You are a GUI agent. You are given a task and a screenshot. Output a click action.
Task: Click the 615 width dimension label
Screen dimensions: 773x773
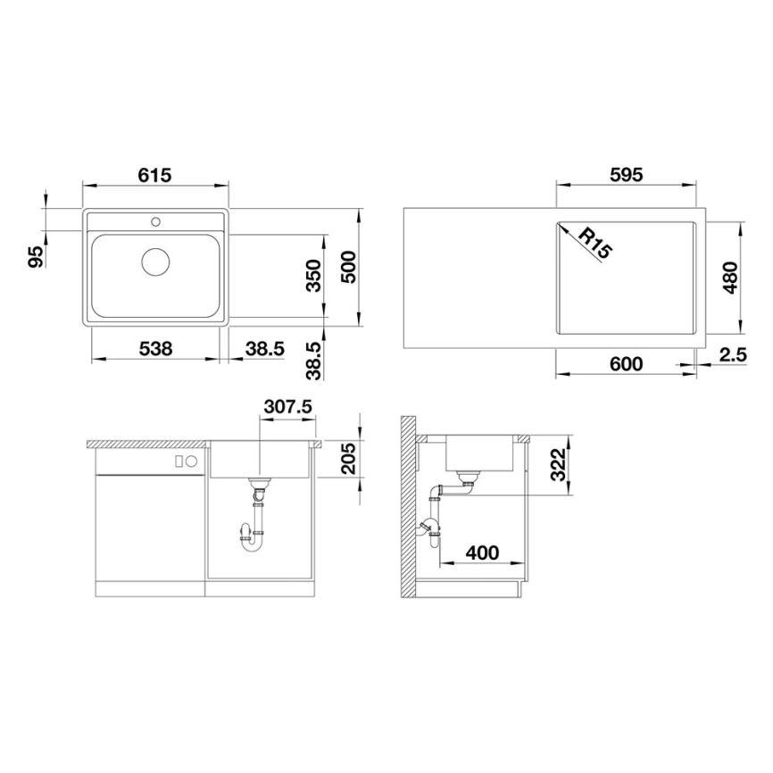click(154, 175)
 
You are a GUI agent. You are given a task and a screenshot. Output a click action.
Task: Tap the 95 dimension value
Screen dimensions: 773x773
click(36, 257)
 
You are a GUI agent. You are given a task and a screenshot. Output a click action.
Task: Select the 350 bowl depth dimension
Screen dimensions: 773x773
click(313, 276)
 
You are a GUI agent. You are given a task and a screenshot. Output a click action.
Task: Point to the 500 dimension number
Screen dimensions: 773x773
click(348, 267)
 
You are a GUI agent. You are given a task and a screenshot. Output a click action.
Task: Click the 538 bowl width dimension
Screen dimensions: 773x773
click(156, 349)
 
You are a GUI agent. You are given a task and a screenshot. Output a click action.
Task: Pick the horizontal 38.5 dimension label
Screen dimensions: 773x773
click(265, 349)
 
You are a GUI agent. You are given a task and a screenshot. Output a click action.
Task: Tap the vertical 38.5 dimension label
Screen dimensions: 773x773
click(313, 362)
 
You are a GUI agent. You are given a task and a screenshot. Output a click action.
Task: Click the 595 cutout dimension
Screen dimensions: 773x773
click(627, 175)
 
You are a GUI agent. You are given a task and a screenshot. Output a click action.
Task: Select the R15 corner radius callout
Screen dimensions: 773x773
click(594, 243)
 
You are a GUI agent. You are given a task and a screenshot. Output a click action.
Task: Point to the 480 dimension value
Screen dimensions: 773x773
click(731, 278)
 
